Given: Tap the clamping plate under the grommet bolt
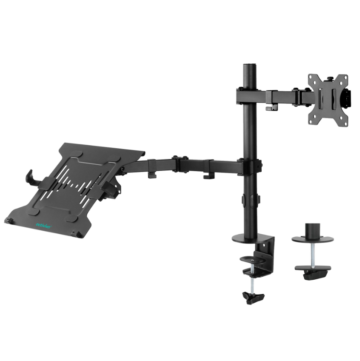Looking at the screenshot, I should coord(313,270).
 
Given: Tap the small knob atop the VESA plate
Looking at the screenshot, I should coord(329,78).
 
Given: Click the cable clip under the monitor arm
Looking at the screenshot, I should coord(269,108).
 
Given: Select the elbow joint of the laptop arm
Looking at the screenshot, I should coord(180,164).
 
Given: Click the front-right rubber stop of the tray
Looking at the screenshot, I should coord(76,233).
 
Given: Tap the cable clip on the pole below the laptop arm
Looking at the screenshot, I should coord(250,200).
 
